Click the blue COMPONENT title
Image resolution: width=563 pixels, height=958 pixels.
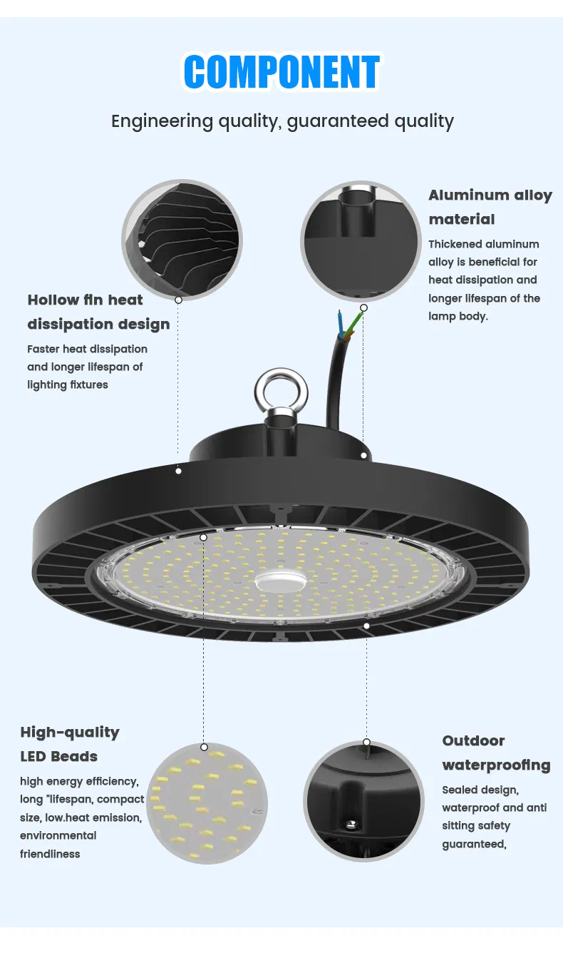[x=281, y=72]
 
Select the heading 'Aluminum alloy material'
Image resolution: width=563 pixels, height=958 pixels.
[x=490, y=207]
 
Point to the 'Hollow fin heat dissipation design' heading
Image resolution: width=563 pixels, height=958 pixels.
[x=98, y=312]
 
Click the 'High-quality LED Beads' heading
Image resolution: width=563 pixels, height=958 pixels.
[x=69, y=744]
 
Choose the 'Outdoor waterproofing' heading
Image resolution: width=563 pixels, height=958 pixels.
[x=496, y=753]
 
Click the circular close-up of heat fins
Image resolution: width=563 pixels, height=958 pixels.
[x=182, y=239]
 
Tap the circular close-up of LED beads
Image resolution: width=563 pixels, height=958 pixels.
[x=207, y=802]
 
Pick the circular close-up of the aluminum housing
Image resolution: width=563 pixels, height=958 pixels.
[x=361, y=240]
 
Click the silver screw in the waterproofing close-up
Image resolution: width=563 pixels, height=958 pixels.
[x=350, y=825]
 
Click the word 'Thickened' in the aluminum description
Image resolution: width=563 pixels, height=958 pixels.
[x=455, y=244]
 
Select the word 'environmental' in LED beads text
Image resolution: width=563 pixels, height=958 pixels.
[x=58, y=835]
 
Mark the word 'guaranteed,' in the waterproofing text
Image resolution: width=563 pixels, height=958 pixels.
[x=474, y=844]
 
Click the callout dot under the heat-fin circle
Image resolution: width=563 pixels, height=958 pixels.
[x=178, y=300]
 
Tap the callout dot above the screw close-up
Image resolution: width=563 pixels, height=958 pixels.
[x=366, y=742]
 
